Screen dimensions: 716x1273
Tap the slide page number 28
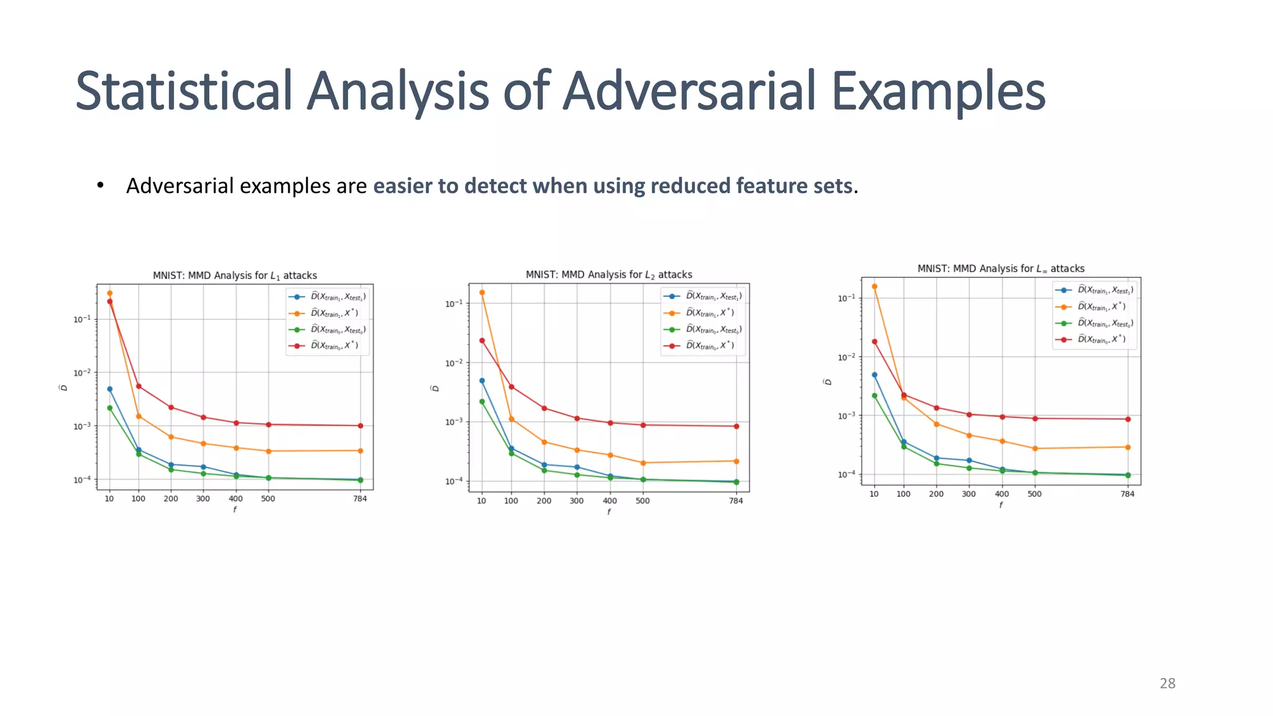coord(1167,683)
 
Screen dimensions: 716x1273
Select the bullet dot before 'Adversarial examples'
coord(100,186)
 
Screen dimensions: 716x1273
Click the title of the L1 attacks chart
coord(235,275)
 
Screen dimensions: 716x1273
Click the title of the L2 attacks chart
coord(609,275)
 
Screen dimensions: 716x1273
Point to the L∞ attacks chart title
coord(1001,268)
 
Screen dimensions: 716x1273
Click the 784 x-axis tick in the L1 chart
coord(361,498)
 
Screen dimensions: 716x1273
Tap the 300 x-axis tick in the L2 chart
coord(577,500)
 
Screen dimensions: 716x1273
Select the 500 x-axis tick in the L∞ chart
coord(1034,494)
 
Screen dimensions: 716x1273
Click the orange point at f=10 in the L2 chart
coord(482,292)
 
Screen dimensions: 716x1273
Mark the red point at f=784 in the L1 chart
coord(361,426)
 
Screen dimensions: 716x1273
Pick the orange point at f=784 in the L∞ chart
coord(1128,447)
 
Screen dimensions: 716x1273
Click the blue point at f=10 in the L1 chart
coord(109,389)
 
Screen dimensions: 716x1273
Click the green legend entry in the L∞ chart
coord(1105,323)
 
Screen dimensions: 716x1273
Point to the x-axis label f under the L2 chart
coord(609,512)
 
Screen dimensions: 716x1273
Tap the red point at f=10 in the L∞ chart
coord(875,341)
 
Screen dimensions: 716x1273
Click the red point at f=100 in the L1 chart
coord(139,386)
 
